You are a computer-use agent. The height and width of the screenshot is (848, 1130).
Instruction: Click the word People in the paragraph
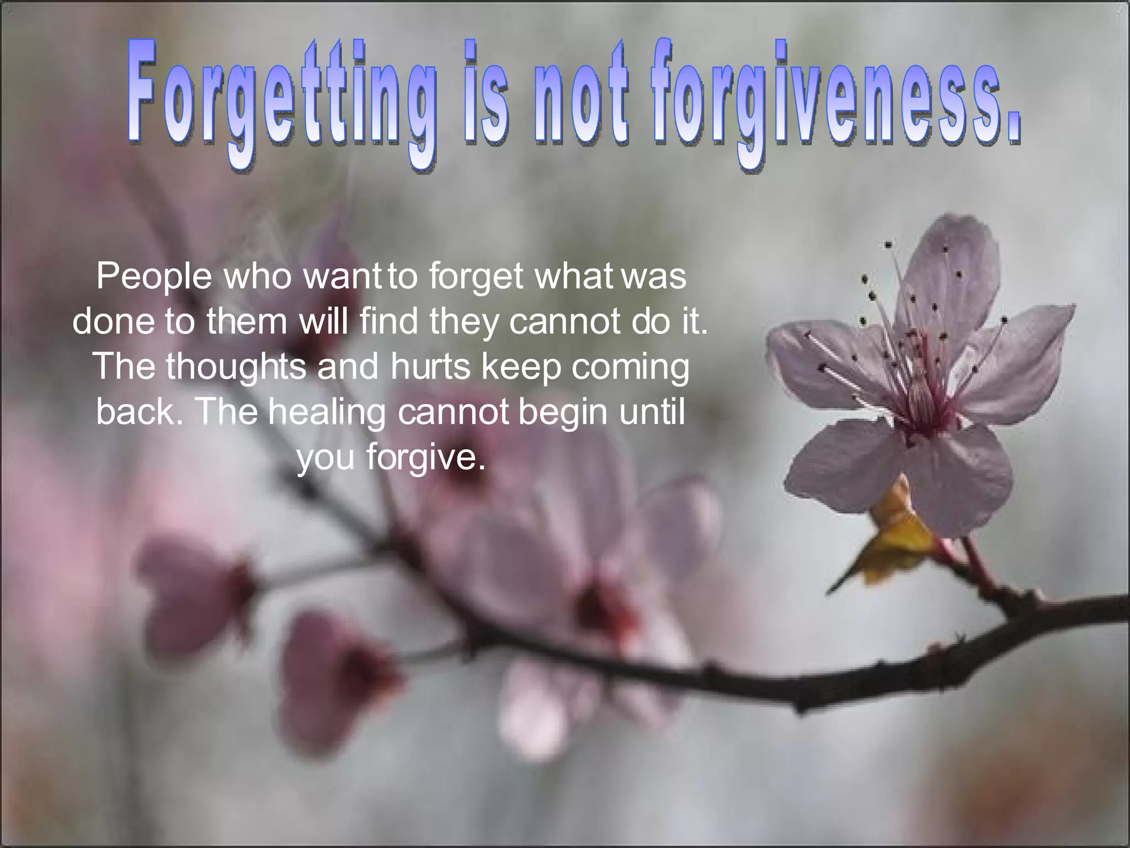[154, 277]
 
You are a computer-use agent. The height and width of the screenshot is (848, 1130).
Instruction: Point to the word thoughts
[236, 366]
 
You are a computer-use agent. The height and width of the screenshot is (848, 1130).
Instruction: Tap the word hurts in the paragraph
[429, 366]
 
